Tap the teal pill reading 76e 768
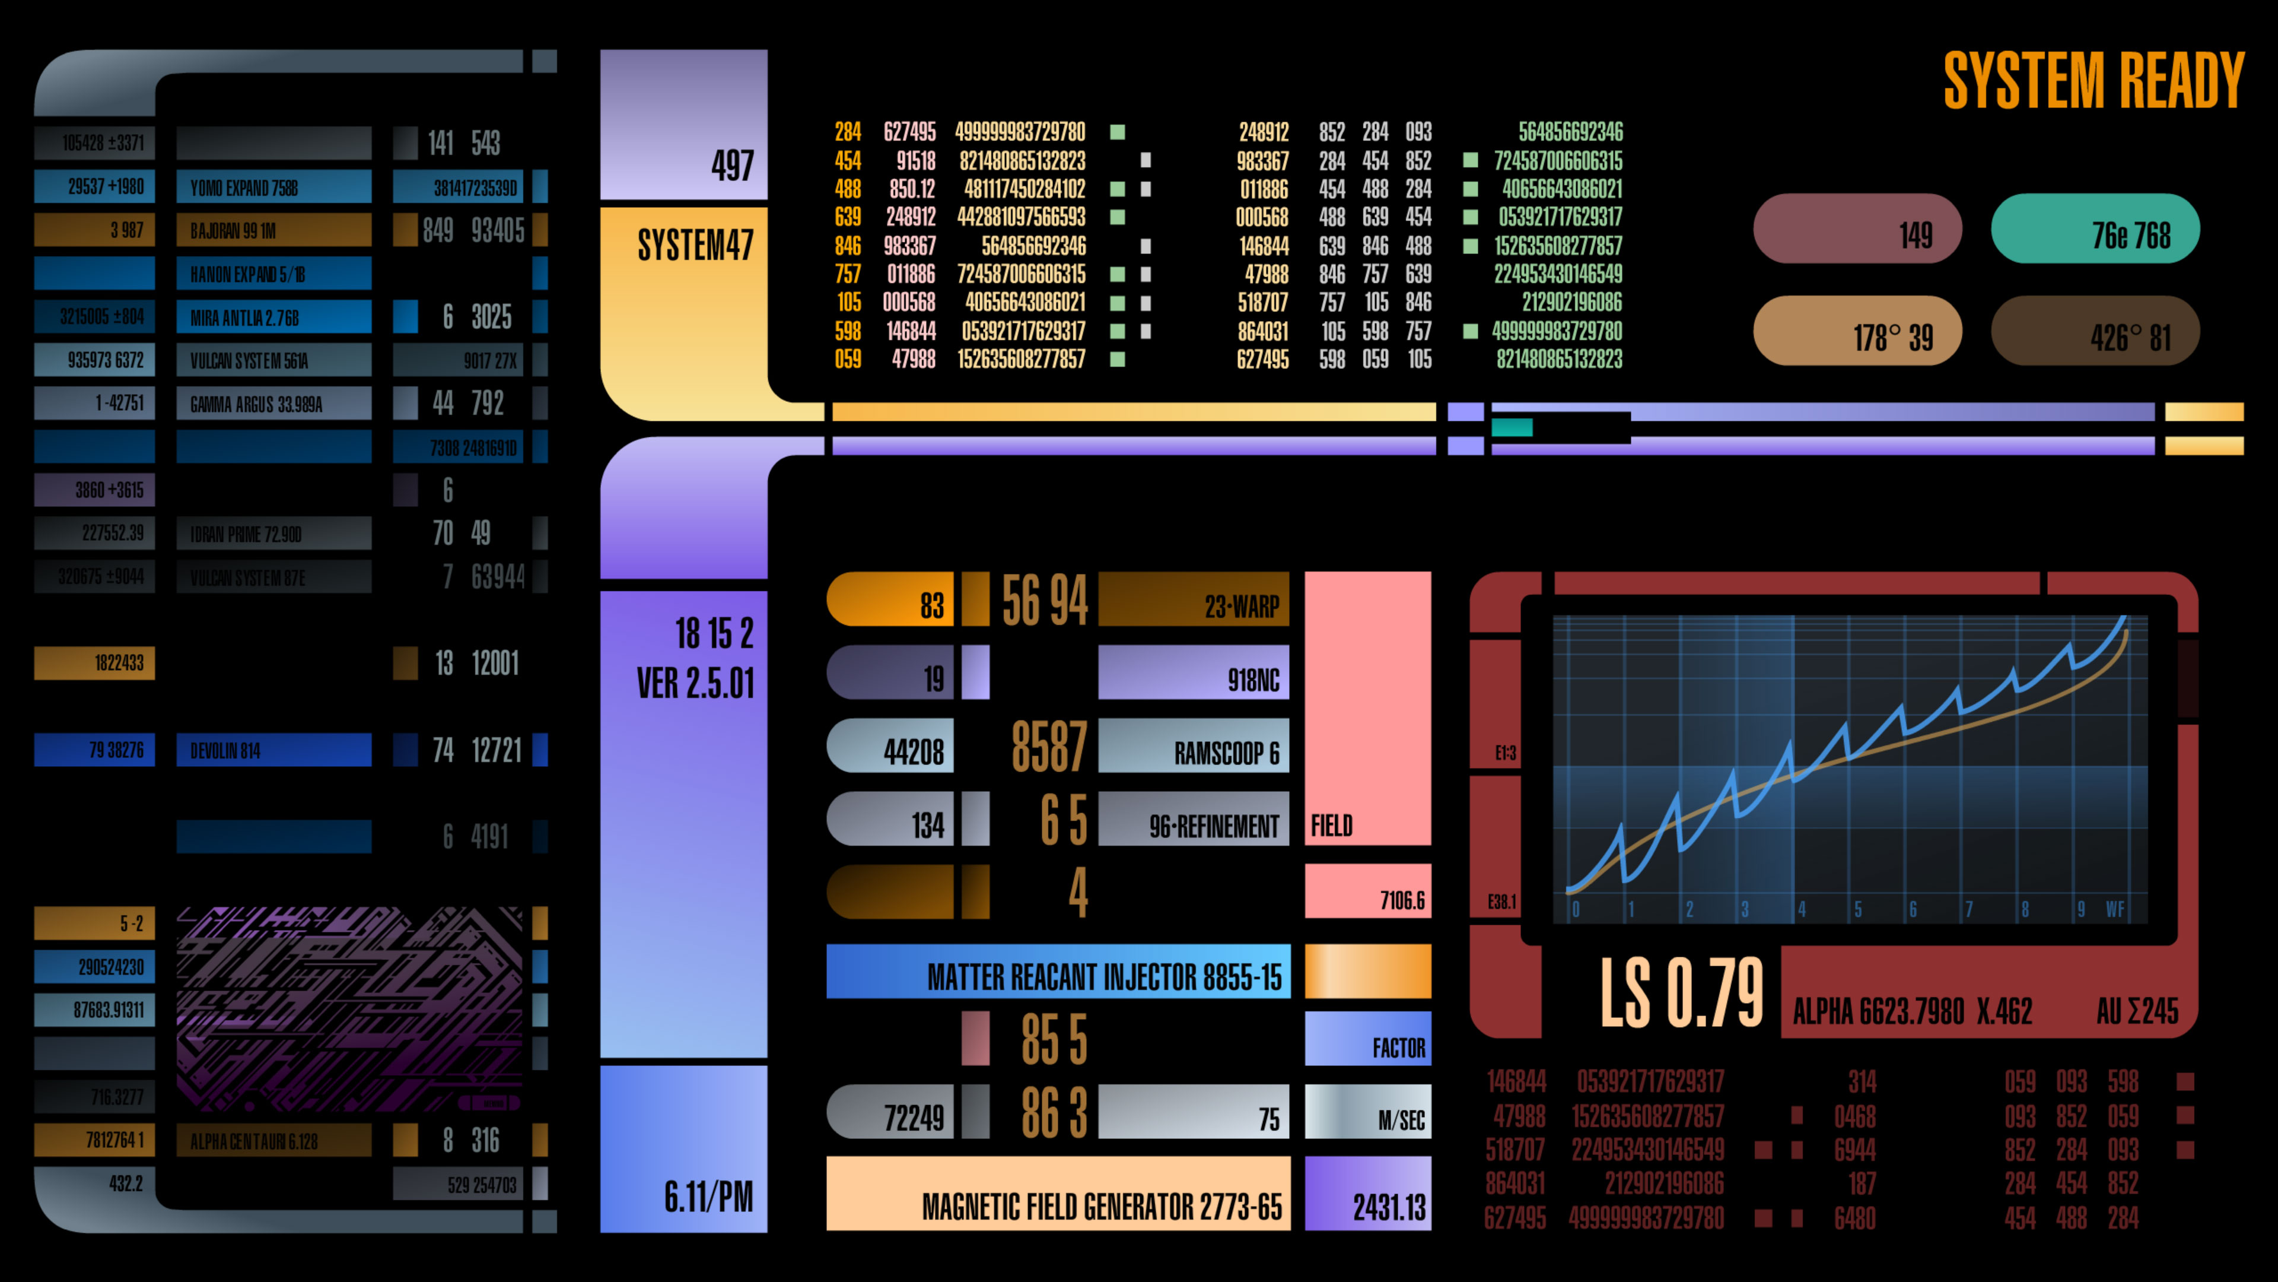tap(2095, 229)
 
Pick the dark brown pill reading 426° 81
tap(2095, 332)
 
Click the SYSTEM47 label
tap(695, 245)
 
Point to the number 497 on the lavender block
tap(732, 166)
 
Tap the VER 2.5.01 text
tap(696, 683)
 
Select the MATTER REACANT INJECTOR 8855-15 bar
tap(1058, 972)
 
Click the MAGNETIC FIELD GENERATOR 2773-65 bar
tap(1058, 1194)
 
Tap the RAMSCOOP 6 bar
tap(1193, 747)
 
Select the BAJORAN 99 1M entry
tap(273, 230)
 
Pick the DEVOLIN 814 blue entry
tap(273, 750)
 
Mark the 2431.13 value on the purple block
tap(1388, 1206)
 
